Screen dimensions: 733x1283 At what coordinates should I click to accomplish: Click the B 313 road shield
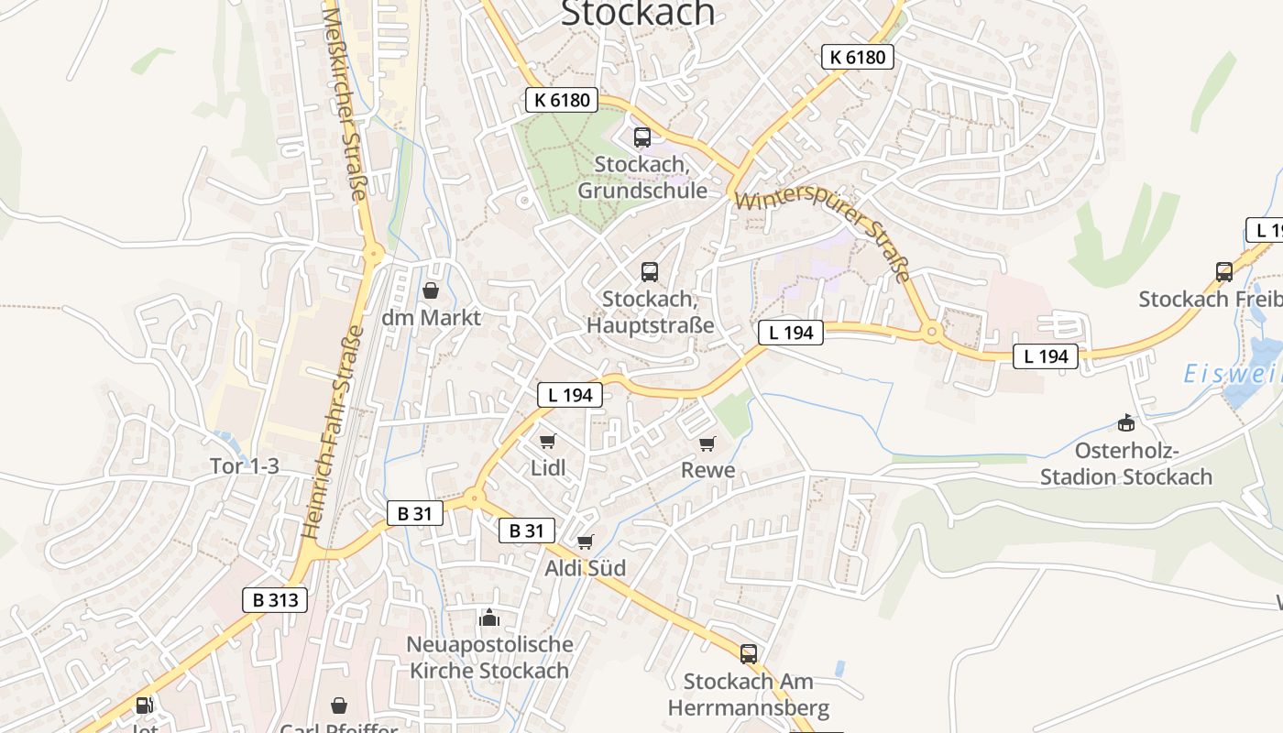click(x=275, y=600)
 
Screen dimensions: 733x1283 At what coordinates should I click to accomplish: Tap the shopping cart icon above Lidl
click(x=548, y=441)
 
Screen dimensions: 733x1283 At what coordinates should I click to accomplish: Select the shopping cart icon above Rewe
click(x=707, y=443)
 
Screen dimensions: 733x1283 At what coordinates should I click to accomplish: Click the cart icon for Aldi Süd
click(x=586, y=542)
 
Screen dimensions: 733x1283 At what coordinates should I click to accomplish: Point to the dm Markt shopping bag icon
click(x=431, y=290)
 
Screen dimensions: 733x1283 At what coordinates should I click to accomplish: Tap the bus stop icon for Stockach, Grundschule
click(x=642, y=137)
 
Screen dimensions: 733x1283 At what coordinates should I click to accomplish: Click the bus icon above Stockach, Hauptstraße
click(x=650, y=271)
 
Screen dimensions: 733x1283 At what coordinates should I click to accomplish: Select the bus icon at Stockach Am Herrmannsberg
click(x=749, y=653)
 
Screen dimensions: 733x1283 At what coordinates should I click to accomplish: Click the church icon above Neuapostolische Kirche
click(x=489, y=617)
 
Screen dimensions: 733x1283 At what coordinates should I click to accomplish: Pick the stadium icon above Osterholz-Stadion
click(x=1125, y=422)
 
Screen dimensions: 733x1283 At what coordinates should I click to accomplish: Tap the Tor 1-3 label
click(x=245, y=466)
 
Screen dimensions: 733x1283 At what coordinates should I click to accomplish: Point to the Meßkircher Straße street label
click(x=345, y=101)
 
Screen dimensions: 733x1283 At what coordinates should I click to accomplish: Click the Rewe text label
click(x=707, y=470)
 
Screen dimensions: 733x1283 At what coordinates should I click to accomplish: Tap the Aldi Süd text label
click(x=586, y=568)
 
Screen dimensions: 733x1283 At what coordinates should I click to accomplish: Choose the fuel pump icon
click(x=145, y=705)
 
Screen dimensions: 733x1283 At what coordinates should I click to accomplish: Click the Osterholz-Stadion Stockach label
click(x=1126, y=464)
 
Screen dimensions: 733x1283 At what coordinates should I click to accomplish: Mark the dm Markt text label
click(x=431, y=318)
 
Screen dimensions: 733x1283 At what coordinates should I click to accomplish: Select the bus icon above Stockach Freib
click(x=1224, y=271)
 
